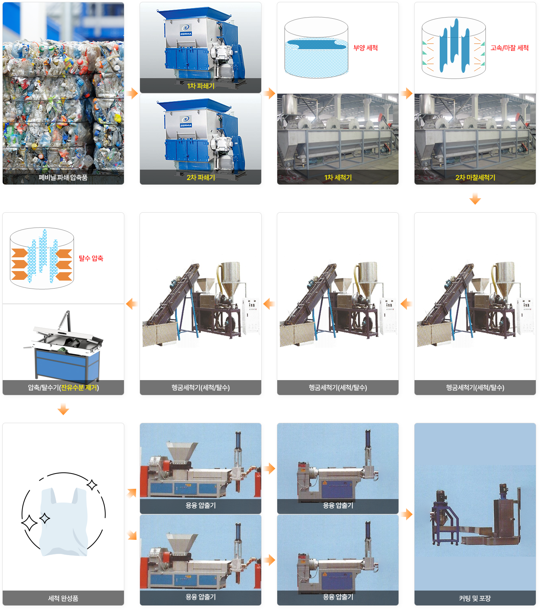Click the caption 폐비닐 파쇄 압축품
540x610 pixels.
click(63, 178)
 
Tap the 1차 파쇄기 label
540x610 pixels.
click(201, 86)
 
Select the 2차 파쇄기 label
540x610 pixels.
click(201, 178)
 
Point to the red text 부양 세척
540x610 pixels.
click(365, 48)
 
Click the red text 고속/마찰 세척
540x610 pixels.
click(509, 48)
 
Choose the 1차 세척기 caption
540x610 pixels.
click(338, 178)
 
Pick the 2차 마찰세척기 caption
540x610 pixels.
click(475, 178)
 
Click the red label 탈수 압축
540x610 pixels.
click(91, 258)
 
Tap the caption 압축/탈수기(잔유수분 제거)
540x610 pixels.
click(63, 388)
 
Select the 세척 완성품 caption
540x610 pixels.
click(63, 599)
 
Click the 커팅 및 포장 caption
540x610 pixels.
click(475, 599)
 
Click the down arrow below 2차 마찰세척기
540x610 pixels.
click(475, 199)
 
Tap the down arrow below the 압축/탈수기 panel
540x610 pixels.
click(63, 409)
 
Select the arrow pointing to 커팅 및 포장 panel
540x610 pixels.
click(407, 514)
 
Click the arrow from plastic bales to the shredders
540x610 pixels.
click(132, 93)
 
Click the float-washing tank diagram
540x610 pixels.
click(317, 48)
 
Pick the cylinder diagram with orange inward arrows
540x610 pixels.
click(42, 258)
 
